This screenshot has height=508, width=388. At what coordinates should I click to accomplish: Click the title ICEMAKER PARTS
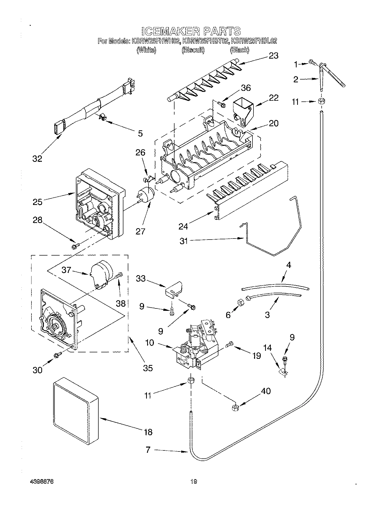tap(191, 31)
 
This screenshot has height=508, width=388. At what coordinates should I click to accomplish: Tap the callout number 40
tap(266, 391)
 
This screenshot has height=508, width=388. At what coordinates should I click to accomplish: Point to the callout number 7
tap(148, 450)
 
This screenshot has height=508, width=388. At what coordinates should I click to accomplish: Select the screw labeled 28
tap(75, 247)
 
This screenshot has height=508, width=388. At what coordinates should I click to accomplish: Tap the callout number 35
tap(148, 368)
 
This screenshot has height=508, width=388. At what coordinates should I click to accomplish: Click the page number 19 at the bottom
tap(194, 481)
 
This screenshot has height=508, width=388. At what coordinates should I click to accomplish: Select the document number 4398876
tap(42, 481)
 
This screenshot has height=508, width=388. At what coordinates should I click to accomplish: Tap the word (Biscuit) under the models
tap(193, 50)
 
